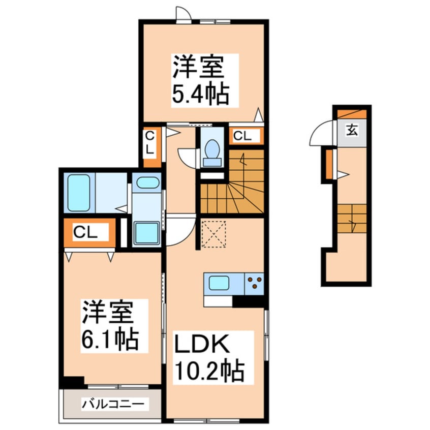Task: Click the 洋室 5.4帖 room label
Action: pyautogui.click(x=199, y=80)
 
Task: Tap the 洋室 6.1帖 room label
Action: pyautogui.click(x=110, y=325)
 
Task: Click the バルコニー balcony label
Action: pyautogui.click(x=115, y=405)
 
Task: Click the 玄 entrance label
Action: pyautogui.click(x=352, y=131)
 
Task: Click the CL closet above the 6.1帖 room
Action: pyautogui.click(x=87, y=233)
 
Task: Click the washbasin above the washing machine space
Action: pyautogui.click(x=148, y=183)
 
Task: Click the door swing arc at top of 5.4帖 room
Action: pyautogui.click(x=183, y=14)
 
